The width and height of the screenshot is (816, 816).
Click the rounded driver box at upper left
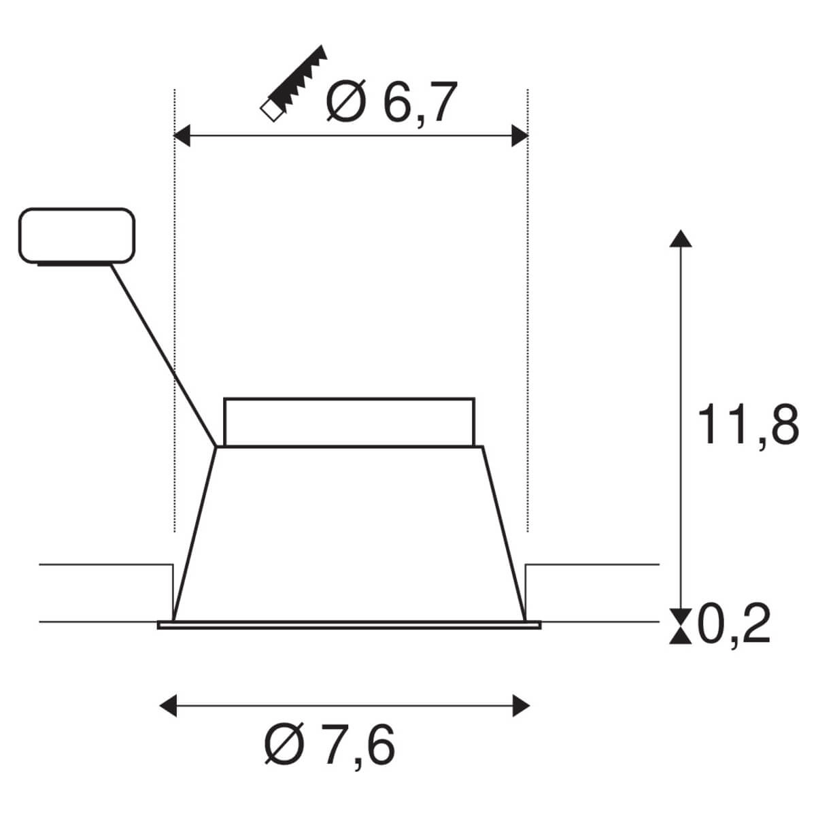75,235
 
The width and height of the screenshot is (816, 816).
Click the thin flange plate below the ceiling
349,624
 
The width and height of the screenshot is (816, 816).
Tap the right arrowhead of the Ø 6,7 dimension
520,136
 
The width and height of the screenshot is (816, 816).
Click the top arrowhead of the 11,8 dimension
681,238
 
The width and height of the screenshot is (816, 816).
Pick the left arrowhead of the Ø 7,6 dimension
167,705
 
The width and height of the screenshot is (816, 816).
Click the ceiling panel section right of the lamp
592,592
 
